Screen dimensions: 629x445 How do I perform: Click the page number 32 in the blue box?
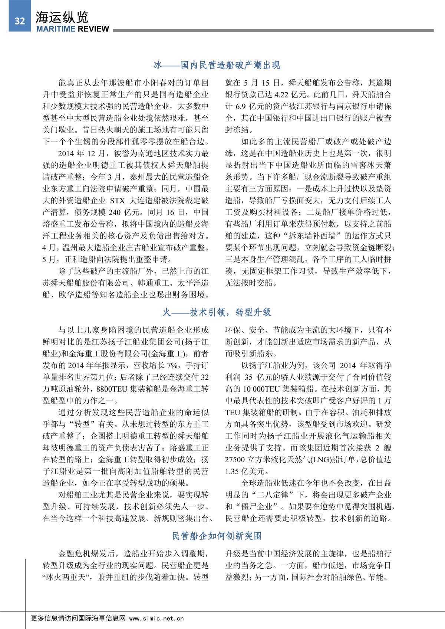click(x=20, y=21)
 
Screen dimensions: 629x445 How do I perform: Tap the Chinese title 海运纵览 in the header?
click(x=62, y=17)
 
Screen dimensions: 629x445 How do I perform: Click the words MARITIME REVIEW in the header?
click(x=73, y=29)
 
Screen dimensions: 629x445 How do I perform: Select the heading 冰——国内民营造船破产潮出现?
click(x=217, y=65)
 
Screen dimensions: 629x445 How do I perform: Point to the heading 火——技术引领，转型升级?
click(x=217, y=312)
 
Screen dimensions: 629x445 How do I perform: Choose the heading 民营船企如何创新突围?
click(x=217, y=536)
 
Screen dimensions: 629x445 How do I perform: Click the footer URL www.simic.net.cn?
click(x=156, y=618)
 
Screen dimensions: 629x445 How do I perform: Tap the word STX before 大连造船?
click(x=118, y=200)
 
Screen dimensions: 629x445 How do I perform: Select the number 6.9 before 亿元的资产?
click(x=241, y=106)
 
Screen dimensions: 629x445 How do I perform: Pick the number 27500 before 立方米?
click(x=235, y=459)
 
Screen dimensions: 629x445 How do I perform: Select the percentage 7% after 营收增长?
click(x=172, y=365)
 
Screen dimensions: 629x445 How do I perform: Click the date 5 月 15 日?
click(x=262, y=83)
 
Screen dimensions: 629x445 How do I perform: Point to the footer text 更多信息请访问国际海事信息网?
click(x=78, y=618)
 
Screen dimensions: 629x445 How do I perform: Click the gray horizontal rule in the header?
click(x=273, y=30)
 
